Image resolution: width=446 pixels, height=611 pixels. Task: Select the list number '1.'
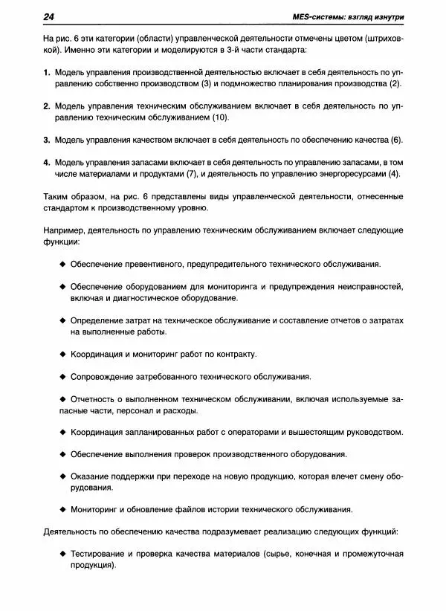click(x=47, y=72)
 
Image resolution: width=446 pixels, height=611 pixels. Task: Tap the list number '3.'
click(x=47, y=140)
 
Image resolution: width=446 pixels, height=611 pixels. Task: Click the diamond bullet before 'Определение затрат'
click(x=62, y=320)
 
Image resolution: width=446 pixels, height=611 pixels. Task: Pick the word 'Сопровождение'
click(x=105, y=377)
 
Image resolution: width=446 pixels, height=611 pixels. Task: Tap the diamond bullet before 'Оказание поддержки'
click(x=62, y=476)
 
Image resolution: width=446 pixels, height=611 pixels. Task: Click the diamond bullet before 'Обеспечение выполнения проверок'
click(x=62, y=455)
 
